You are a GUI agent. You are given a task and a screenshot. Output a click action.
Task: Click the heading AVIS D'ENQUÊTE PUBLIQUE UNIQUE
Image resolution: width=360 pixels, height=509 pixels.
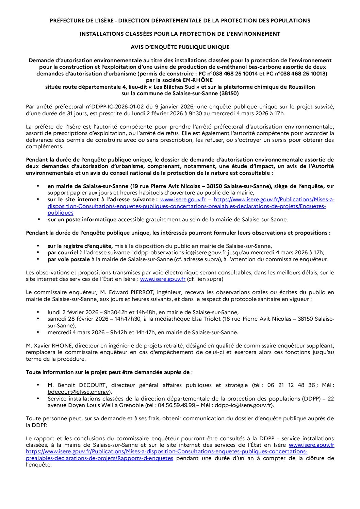[x=180, y=47]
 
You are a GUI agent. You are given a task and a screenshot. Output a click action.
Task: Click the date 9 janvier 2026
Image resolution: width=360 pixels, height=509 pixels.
[x=173, y=107]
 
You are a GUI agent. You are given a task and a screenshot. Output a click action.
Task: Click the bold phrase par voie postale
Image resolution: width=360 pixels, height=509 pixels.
[x=68, y=259]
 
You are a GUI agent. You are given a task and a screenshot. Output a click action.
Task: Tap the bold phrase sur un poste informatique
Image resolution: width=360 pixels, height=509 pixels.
[x=82, y=220]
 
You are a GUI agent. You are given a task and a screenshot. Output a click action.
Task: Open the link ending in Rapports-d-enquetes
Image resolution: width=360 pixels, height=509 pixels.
[x=99, y=458]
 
